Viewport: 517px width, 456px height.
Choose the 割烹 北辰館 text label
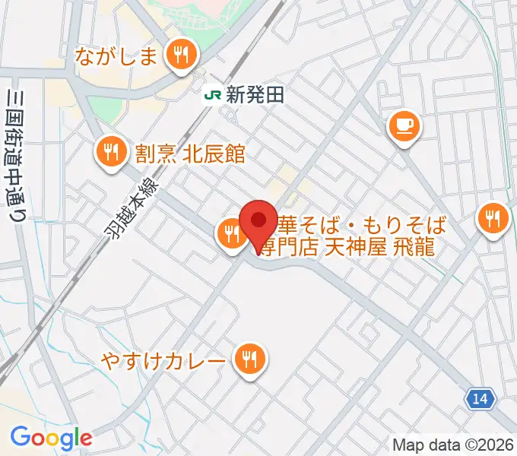[x=190, y=154]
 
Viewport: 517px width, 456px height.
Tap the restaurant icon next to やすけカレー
[x=249, y=358]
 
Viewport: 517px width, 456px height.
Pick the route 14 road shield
[x=481, y=397]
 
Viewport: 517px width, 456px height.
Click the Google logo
[x=50, y=438]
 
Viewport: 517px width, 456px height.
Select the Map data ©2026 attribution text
[x=453, y=445]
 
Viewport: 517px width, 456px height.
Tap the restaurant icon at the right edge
[x=493, y=220]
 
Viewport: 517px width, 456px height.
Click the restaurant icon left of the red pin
[x=230, y=234]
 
